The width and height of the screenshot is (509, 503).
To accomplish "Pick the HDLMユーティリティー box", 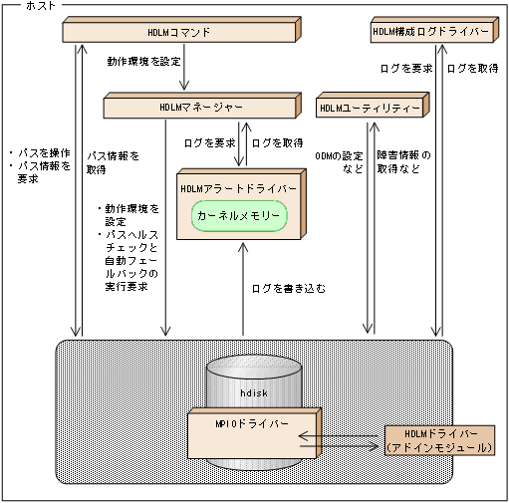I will coord(369,106).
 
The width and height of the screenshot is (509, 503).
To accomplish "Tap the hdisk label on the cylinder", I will coord(253,393).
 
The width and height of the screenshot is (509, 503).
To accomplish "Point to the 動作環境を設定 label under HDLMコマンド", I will coord(143,62).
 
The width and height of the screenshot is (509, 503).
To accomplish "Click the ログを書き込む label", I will coord(289,288).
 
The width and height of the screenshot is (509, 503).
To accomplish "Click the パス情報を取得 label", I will coord(113,162).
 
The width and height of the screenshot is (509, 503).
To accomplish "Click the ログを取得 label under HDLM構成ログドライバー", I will coord(472,69).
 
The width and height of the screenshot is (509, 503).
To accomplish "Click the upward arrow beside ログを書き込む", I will coord(241,289).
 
